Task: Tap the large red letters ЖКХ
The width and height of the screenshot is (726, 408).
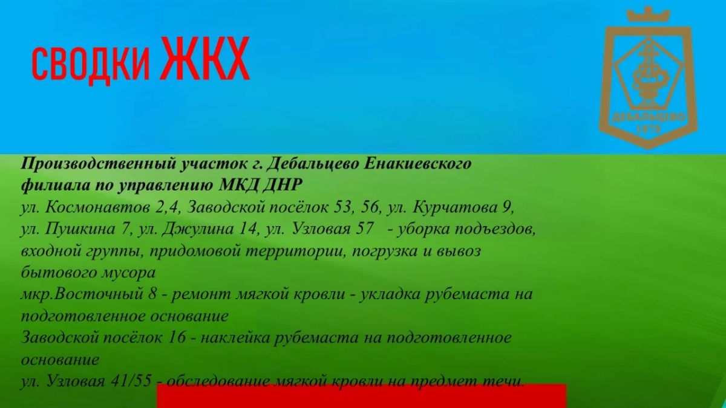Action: click(x=205, y=58)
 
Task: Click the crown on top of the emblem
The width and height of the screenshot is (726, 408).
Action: click(x=648, y=15)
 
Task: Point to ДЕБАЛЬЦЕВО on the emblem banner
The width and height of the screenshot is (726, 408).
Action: click(x=648, y=117)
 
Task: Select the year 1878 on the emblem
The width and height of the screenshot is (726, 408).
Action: click(x=648, y=129)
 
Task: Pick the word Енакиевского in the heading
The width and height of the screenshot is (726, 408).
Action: click(x=417, y=164)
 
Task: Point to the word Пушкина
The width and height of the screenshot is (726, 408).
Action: click(x=80, y=229)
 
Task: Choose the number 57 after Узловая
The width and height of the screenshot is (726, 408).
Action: click(x=365, y=229)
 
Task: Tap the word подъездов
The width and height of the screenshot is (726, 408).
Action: click(x=495, y=230)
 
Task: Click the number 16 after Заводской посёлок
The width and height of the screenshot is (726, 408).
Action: click(x=177, y=337)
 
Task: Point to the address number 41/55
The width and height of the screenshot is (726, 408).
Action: click(x=131, y=381)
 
